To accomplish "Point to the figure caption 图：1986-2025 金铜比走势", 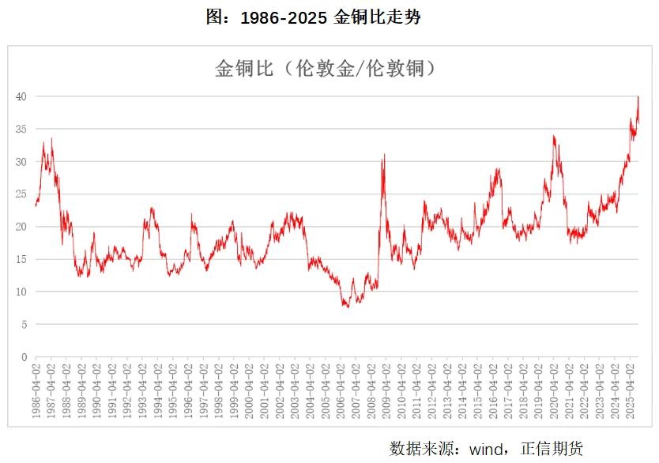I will (x=313, y=18).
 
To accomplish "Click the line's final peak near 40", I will (x=638, y=97).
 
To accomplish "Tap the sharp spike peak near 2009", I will (x=384, y=155).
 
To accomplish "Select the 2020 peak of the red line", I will (x=554, y=136).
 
